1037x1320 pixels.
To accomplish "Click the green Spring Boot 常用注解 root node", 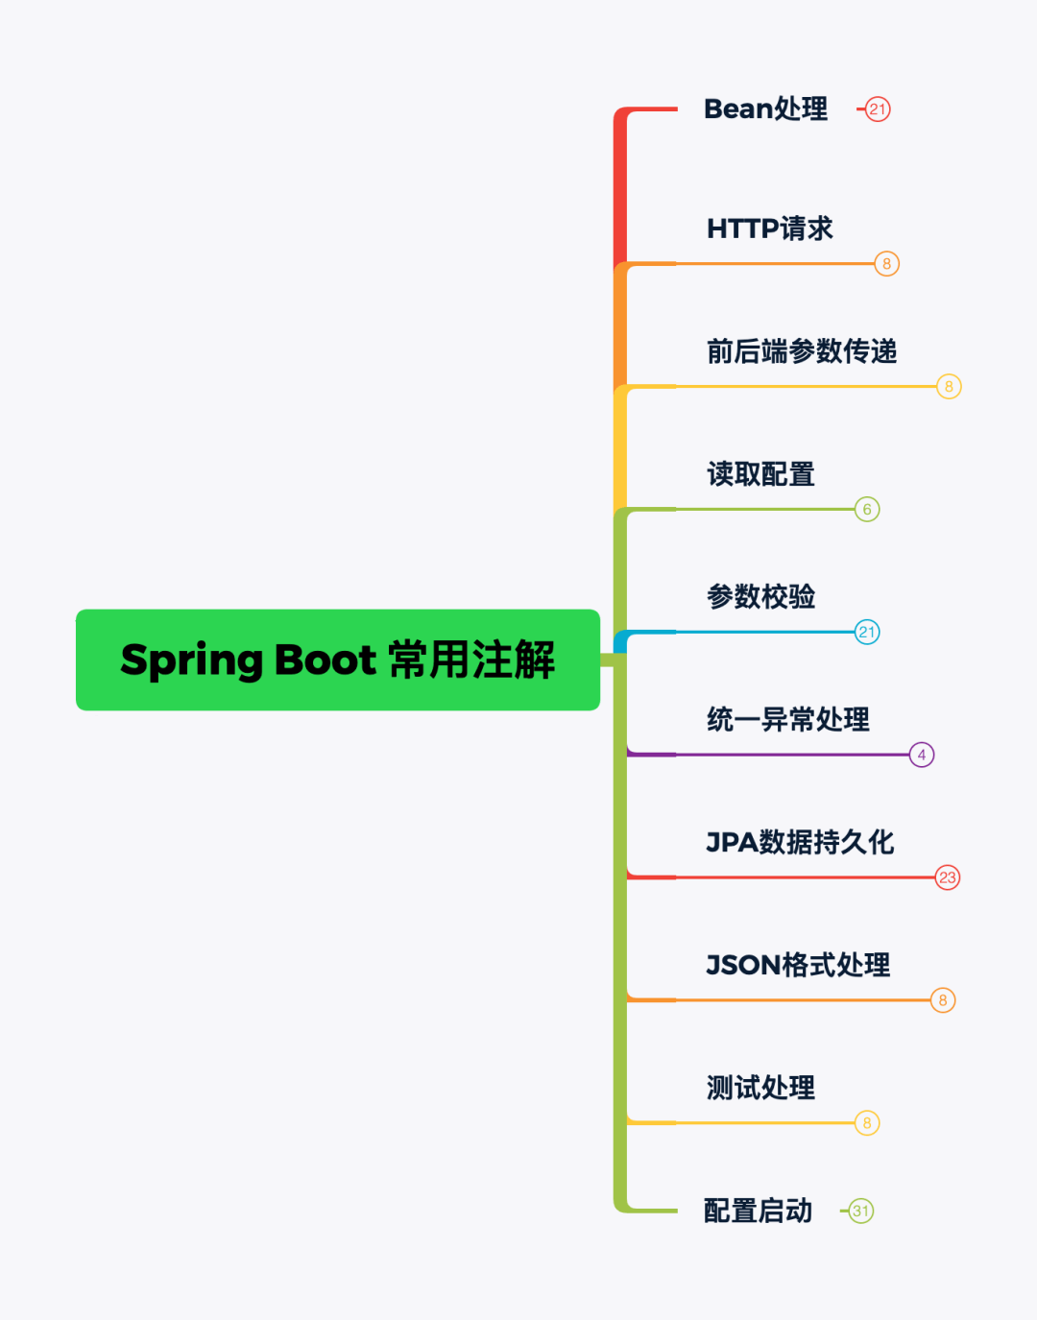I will pos(338,660).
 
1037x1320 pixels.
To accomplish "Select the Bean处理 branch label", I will pos(765,109).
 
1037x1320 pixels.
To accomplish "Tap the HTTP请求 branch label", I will pos(769,228).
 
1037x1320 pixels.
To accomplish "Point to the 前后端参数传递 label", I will pos(802,351).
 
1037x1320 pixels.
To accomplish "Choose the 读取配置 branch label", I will pos(760,474).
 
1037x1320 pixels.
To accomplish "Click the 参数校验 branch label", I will pos(760,597).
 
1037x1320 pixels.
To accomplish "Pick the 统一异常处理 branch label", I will pos(788,719).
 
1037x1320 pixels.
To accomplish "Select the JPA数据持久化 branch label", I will pos(800,842).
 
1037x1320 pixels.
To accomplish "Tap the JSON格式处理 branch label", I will pos(798,965).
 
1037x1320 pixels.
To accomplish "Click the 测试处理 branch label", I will pos(760,1088).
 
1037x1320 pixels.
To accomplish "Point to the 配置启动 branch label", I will pos(758,1211).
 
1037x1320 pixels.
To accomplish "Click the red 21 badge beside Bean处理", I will pos(878,109).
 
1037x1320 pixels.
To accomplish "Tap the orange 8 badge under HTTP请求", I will pos(886,264).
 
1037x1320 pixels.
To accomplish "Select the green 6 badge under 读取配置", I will pos(867,510).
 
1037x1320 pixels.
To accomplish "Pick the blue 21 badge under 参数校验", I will pos(867,632).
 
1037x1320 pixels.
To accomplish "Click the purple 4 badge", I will pos(922,755).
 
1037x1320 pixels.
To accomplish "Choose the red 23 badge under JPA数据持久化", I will pos(948,877).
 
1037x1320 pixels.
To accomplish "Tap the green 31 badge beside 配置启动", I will pos(861,1212).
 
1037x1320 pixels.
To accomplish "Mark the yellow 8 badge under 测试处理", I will pos(867,1123).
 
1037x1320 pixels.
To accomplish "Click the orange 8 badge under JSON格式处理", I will pos(943,1000).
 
